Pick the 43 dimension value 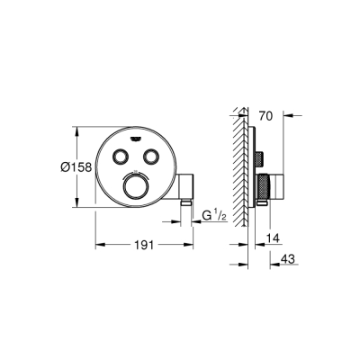(x=288, y=258)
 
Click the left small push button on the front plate (x=119, y=157)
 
